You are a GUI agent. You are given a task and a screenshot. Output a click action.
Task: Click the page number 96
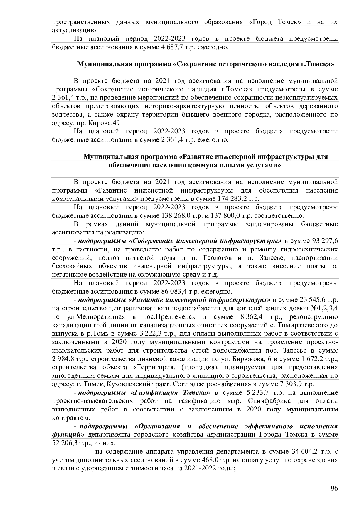(334, 488)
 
